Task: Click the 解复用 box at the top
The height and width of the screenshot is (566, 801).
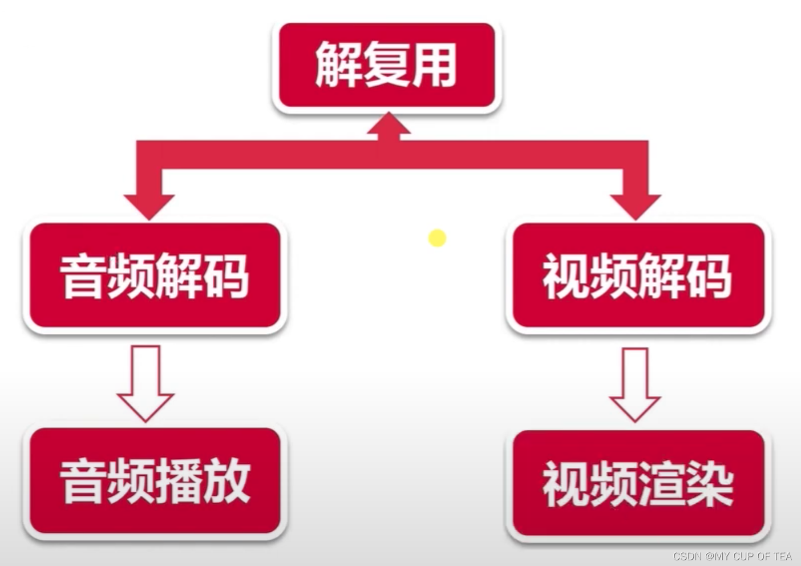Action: coord(386,66)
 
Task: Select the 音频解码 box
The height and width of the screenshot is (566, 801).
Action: coord(154,276)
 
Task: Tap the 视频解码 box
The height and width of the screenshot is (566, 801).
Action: coord(637,276)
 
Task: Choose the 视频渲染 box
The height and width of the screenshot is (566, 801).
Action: coord(637,484)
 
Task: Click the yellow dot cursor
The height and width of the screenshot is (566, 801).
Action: coord(437,238)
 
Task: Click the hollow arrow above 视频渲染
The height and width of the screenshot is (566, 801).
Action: coord(635,383)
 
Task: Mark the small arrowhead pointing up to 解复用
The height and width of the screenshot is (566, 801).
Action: coord(388,124)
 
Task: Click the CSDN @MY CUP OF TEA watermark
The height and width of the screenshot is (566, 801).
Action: coord(732,556)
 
